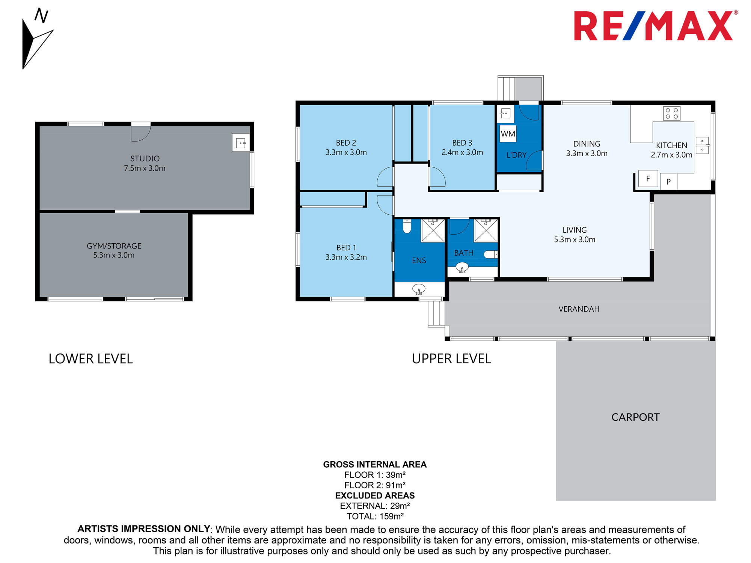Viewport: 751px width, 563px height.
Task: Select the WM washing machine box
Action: (x=508, y=134)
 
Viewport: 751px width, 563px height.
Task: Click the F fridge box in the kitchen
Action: (x=648, y=179)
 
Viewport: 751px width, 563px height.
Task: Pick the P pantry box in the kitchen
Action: (x=668, y=182)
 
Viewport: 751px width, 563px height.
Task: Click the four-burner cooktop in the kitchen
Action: (x=672, y=114)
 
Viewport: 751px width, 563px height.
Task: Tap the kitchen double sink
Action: (x=702, y=145)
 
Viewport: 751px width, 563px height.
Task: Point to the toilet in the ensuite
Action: (x=407, y=226)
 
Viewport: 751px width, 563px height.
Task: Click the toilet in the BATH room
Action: (x=490, y=254)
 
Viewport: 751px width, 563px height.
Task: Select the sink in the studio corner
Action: (x=241, y=143)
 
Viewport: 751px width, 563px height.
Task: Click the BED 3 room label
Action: (x=462, y=143)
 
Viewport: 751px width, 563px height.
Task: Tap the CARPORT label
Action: (x=635, y=417)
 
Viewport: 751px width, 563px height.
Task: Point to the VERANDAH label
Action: (x=579, y=309)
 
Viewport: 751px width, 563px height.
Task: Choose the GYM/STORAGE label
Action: (x=114, y=246)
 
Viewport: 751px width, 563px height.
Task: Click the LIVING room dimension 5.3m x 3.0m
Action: (x=575, y=239)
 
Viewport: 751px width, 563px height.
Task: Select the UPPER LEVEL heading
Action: (x=451, y=359)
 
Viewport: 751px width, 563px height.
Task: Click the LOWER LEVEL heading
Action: (x=90, y=359)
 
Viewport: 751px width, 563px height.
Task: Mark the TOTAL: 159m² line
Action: (x=375, y=516)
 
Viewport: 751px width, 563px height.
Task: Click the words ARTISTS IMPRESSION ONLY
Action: (x=144, y=529)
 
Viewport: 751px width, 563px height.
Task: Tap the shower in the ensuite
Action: (x=433, y=230)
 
